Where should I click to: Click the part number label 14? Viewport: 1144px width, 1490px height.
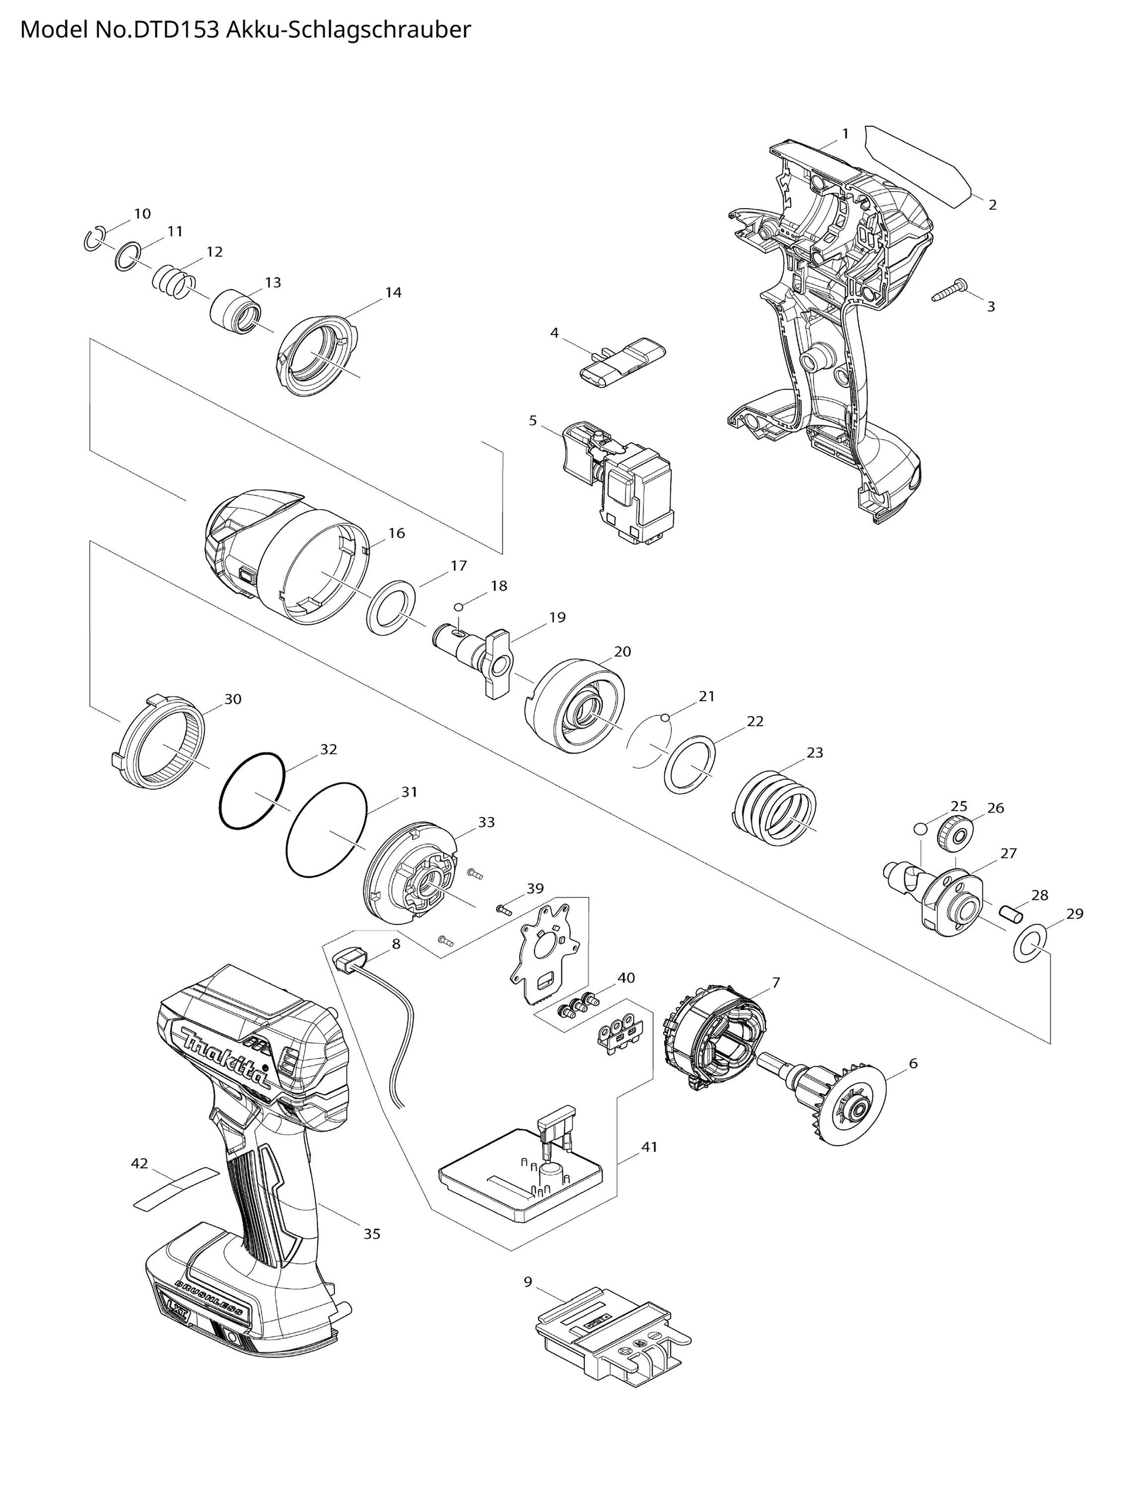pyautogui.click(x=393, y=293)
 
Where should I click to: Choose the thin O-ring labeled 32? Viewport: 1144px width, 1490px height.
pyautogui.click(x=252, y=791)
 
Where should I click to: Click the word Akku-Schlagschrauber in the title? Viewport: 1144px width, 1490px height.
pyautogui.click(x=347, y=31)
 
